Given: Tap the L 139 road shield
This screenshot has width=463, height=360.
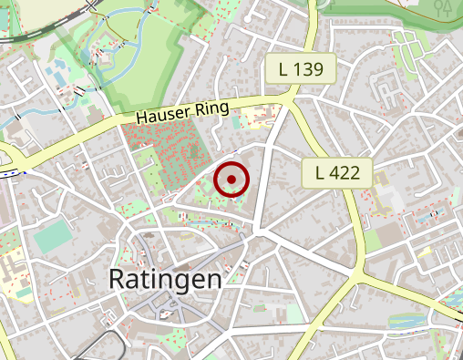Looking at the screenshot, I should [x=308, y=68].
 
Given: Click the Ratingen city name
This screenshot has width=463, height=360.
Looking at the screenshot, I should [x=165, y=279].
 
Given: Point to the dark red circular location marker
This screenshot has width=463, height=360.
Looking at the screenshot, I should [x=231, y=180].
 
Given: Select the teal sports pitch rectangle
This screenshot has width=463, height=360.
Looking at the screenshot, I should [x=52, y=238].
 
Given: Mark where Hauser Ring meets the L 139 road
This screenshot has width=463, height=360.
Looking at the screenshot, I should [x=290, y=98].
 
